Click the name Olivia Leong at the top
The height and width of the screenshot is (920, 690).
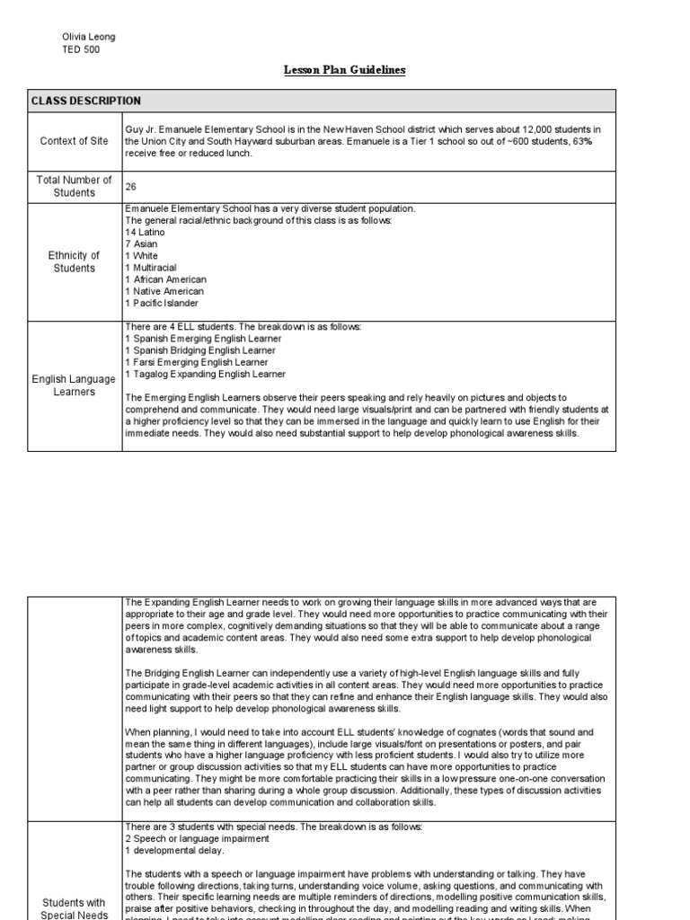pyautogui.click(x=88, y=37)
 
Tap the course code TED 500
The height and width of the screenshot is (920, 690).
pyautogui.click(x=80, y=50)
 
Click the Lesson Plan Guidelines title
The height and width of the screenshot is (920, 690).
pyautogui.click(x=344, y=71)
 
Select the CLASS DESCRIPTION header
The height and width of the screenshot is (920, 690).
pyautogui.click(x=85, y=102)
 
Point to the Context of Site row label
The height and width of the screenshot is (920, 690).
pyautogui.click(x=75, y=141)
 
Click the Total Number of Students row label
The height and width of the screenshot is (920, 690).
pyautogui.click(x=75, y=186)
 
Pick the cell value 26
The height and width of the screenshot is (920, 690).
pyautogui.click(x=131, y=187)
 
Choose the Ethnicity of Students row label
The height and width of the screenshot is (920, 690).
pyautogui.click(x=75, y=261)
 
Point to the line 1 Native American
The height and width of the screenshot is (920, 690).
pyautogui.click(x=165, y=291)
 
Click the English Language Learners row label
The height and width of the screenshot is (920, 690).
pyautogui.click(x=75, y=386)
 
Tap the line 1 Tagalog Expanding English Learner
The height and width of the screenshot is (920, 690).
pyautogui.click(x=206, y=374)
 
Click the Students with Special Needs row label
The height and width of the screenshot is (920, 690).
pyautogui.click(x=75, y=908)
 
